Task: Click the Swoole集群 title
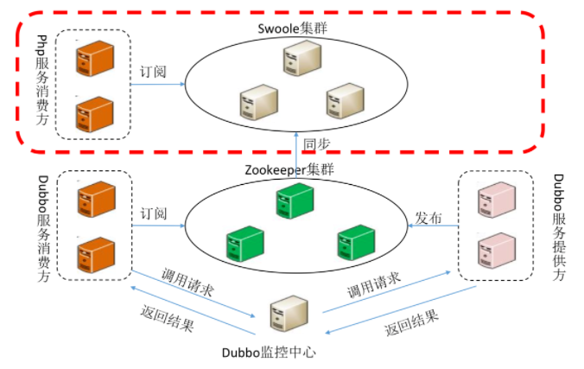point(293,28)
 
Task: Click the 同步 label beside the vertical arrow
point(315,143)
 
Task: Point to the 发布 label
point(429,218)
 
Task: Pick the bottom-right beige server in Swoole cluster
point(344,100)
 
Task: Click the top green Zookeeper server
point(292,202)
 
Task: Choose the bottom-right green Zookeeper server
point(353,242)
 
